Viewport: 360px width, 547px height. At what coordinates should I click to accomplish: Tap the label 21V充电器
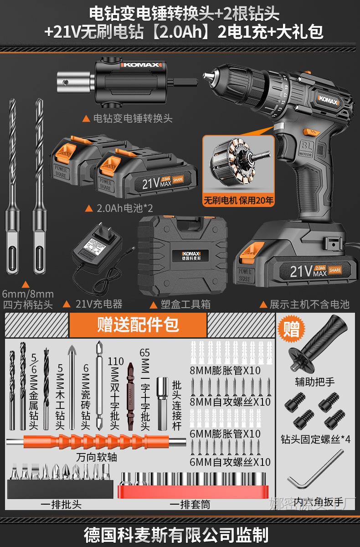(98, 304)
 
